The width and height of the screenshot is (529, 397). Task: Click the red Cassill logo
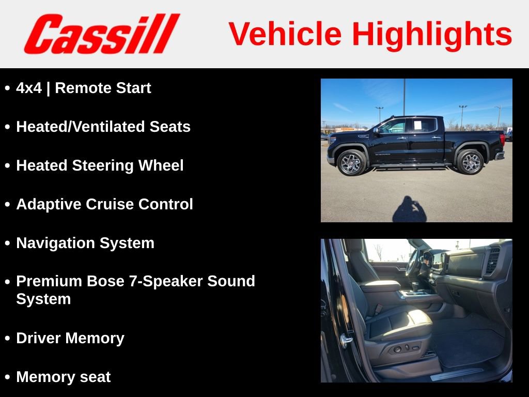[101, 34]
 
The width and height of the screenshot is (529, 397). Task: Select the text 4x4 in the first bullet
[28, 88]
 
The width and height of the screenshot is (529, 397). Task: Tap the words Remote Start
[103, 88]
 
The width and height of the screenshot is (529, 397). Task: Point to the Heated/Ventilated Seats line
[103, 127]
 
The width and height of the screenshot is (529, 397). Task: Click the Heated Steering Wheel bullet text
[100, 166]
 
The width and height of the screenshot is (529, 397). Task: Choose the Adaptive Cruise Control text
[104, 205]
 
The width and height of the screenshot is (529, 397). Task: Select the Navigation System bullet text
[85, 243]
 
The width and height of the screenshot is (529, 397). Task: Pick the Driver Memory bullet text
[70, 339]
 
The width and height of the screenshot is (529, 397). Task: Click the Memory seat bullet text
[63, 377]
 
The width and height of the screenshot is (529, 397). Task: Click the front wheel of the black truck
[351, 163]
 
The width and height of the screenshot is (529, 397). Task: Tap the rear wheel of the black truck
[470, 162]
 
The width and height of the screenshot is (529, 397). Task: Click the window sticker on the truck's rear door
[417, 125]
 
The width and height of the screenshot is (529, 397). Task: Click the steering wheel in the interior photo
[413, 264]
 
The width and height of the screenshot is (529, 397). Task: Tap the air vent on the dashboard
[493, 259]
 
